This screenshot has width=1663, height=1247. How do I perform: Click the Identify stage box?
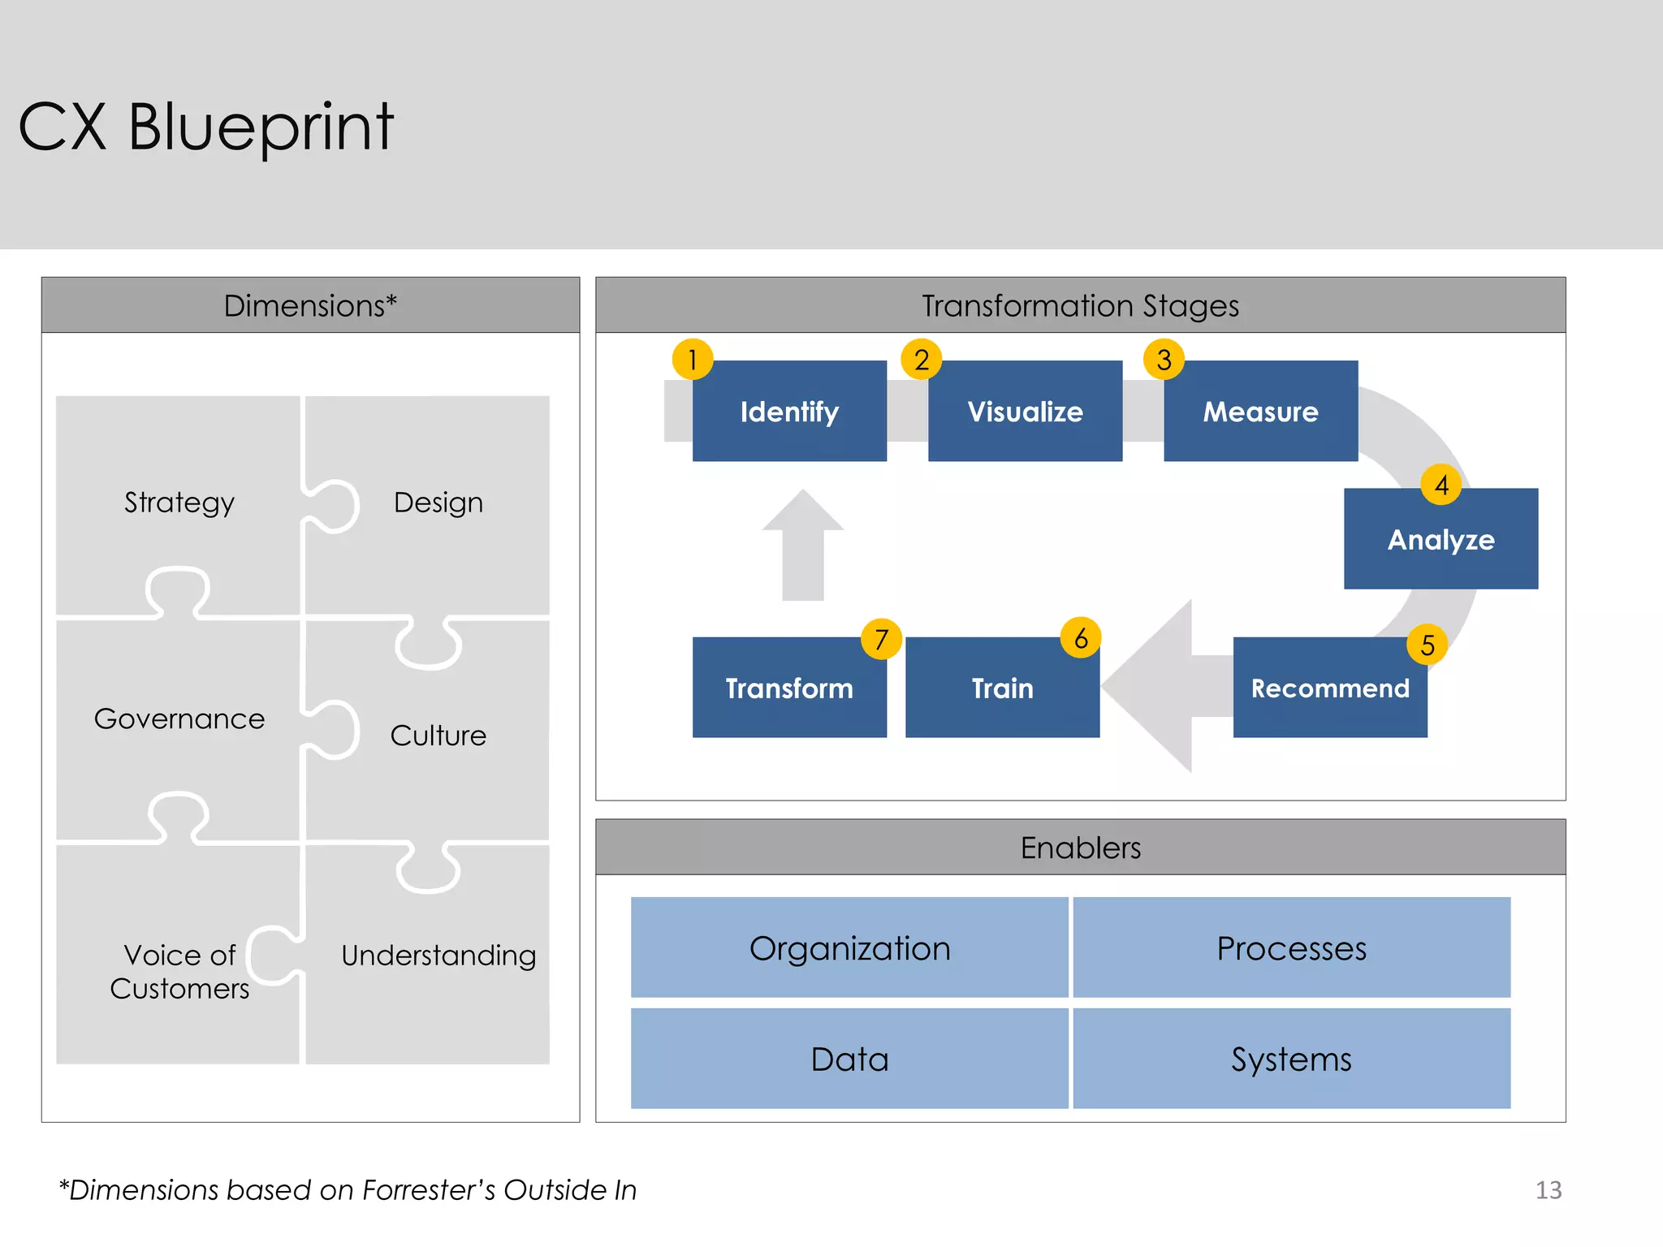coord(789,412)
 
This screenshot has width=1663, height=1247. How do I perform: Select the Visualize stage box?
coord(1025,412)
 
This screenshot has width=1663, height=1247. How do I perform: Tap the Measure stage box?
coord(1260,412)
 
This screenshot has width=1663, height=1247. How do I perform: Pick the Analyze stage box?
coord(1441,540)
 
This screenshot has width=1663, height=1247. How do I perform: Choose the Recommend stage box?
coord(1329,688)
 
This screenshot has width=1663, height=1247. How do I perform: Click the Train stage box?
coord(1002,688)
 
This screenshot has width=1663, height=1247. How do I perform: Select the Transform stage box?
coord(789,688)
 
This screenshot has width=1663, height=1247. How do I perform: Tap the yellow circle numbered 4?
coord(1441,485)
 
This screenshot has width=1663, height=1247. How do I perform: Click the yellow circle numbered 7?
coord(882,639)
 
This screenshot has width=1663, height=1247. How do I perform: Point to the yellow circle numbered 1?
coord(693,359)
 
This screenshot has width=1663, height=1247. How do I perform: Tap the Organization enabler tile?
coord(849,947)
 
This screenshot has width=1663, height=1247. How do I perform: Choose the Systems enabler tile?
coord(1291,1059)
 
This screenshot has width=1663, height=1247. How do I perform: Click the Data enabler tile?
coord(849,1059)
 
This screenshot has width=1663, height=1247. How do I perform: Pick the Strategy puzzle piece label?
coord(179,503)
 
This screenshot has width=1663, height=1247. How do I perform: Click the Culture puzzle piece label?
coord(438,736)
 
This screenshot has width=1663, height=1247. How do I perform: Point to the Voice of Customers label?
coord(179,972)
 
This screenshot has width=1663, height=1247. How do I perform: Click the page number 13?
coord(1549,1190)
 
